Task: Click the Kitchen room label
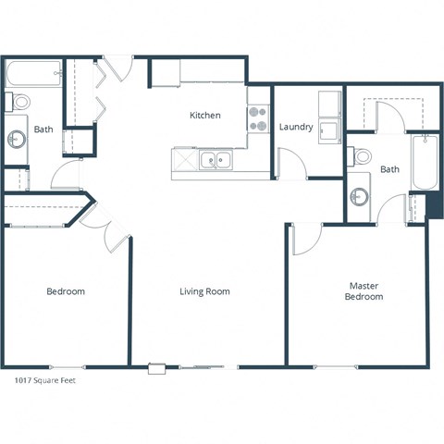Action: point(204,116)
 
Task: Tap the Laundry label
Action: point(295,127)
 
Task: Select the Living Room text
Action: point(204,291)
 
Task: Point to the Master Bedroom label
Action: point(364,291)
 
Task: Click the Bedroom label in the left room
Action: point(66,291)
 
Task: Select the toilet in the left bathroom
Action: point(18,101)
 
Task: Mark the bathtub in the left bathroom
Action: point(33,73)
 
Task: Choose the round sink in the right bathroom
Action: point(359,196)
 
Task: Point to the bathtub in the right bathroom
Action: point(424,162)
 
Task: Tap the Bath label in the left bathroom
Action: point(43,129)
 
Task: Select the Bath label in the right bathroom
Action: point(389,169)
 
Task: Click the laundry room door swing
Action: point(293,164)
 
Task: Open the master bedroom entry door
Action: point(304,239)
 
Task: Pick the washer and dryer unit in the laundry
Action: point(329,117)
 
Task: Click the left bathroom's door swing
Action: point(67,173)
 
